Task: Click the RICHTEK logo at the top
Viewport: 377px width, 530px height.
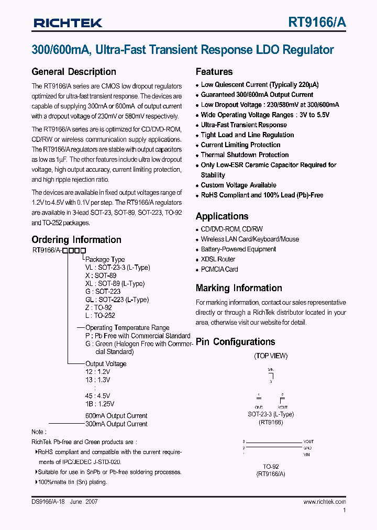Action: pyautogui.click(x=68, y=23)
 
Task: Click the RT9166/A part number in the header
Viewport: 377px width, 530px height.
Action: pyautogui.click(x=317, y=22)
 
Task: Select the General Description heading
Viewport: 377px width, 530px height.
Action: pyautogui.click(x=74, y=72)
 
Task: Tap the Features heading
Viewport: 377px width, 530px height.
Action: pyautogui.click(x=214, y=72)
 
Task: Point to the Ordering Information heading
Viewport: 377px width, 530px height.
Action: pyautogui.click(x=76, y=239)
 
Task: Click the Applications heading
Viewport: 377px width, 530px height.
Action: pyautogui.click(x=222, y=216)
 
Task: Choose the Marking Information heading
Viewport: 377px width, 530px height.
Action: pyautogui.click(x=239, y=288)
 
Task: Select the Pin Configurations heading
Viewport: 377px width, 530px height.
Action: pyautogui.click(x=235, y=342)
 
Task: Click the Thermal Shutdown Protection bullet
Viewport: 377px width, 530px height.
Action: pyautogui.click(x=245, y=155)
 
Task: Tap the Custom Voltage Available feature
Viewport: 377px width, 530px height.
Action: pyautogui.click(x=238, y=185)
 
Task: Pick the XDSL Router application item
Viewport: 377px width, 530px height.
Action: pyautogui.click(x=218, y=259)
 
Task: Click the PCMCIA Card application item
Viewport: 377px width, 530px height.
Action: pyautogui.click(x=219, y=269)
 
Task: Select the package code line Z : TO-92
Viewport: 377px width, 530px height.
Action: pyautogui.click(x=98, y=308)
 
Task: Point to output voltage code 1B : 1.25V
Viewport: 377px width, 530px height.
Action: pyautogui.click(x=99, y=404)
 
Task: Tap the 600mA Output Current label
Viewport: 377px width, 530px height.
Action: pyautogui.click(x=116, y=416)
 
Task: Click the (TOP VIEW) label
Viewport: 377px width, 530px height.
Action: pyautogui.click(x=271, y=356)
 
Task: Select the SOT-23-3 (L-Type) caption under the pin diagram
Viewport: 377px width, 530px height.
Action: pyautogui.click(x=271, y=414)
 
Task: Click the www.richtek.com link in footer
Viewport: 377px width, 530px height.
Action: pyautogui.click(x=325, y=502)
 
